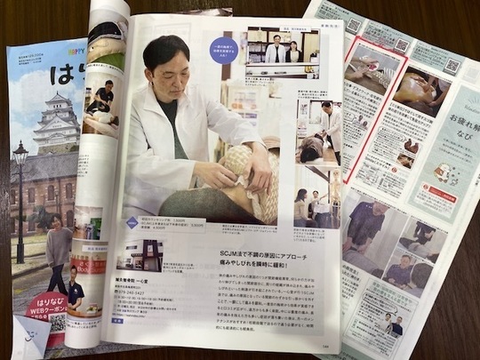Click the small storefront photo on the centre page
pyautogui.click(x=140, y=253)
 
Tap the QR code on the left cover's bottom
pyautogui.click(x=56, y=321)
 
